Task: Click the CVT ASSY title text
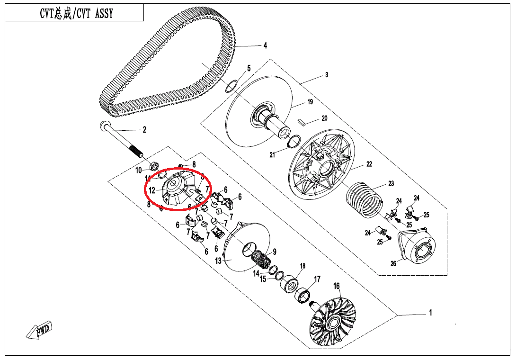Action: point(76,14)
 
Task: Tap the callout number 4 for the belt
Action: point(265,46)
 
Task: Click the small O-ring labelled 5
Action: point(231,86)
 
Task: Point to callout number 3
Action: point(326,75)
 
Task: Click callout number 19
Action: point(311,102)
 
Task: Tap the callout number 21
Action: point(272,155)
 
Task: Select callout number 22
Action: point(369,164)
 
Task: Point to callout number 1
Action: point(430,313)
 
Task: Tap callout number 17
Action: point(317,279)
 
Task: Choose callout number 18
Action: point(302,266)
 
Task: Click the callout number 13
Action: point(218,261)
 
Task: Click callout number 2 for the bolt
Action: point(144,130)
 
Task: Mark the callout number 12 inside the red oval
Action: point(152,190)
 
